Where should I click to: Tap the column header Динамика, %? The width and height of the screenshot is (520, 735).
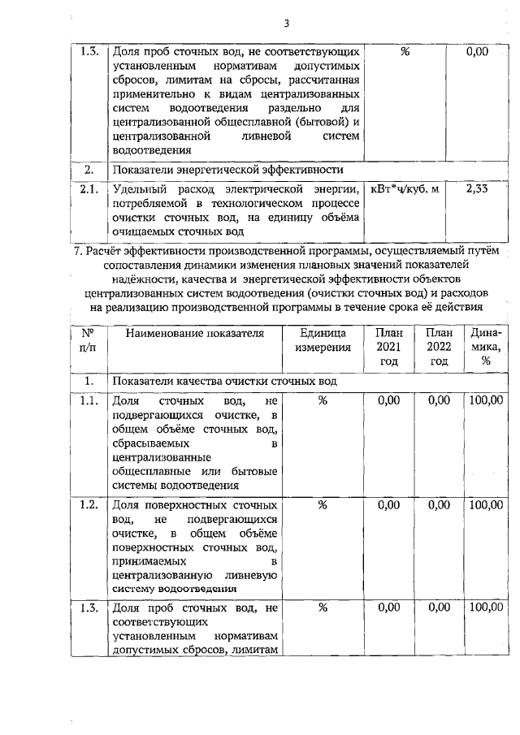(x=485, y=347)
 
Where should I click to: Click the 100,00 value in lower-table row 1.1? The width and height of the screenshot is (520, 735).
(x=486, y=400)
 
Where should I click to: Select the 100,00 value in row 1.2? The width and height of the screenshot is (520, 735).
(x=486, y=505)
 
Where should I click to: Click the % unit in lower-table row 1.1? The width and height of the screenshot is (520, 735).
(x=323, y=400)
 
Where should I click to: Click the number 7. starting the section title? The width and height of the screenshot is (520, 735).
(x=78, y=250)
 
